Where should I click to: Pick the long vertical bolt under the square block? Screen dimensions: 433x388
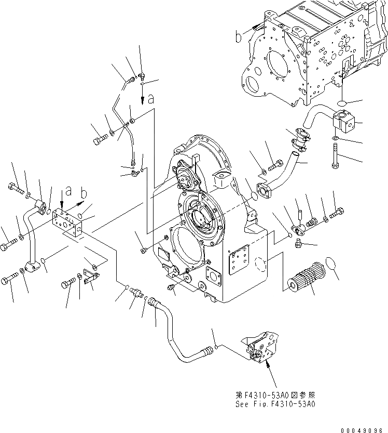click(x=336, y=155)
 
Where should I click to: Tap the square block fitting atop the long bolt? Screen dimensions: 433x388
click(x=343, y=124)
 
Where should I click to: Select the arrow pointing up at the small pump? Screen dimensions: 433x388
click(x=269, y=368)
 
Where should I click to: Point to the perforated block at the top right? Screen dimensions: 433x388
click(x=311, y=52)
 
